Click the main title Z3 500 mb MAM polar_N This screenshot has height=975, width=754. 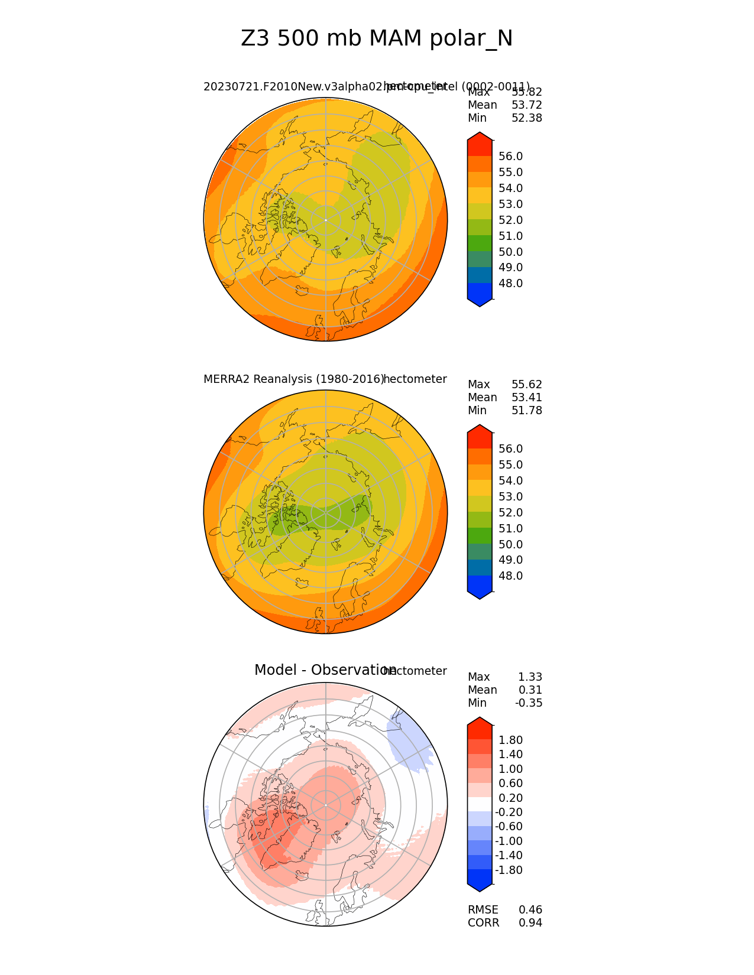point(377,39)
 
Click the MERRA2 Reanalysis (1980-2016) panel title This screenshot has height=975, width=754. point(293,379)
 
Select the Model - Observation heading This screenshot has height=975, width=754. point(325,670)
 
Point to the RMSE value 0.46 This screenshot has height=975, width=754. point(530,910)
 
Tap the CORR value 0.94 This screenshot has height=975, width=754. point(530,923)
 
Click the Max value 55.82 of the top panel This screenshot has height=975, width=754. point(526,92)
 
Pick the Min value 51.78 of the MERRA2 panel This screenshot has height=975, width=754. point(526,411)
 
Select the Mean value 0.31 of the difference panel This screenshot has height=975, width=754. point(530,690)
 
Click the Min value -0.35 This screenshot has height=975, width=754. point(529,703)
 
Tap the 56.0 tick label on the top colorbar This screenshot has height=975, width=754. point(510,157)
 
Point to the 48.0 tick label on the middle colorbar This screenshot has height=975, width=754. point(510,576)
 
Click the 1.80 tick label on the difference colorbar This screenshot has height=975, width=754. point(510,740)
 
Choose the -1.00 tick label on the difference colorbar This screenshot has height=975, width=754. point(509,841)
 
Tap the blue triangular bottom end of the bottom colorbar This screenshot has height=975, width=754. point(480,886)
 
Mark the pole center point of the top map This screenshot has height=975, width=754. point(325,220)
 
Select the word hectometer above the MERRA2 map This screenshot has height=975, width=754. point(415,379)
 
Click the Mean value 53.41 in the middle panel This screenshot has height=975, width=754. point(526,398)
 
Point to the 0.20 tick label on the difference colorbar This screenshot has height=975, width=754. point(510,798)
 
